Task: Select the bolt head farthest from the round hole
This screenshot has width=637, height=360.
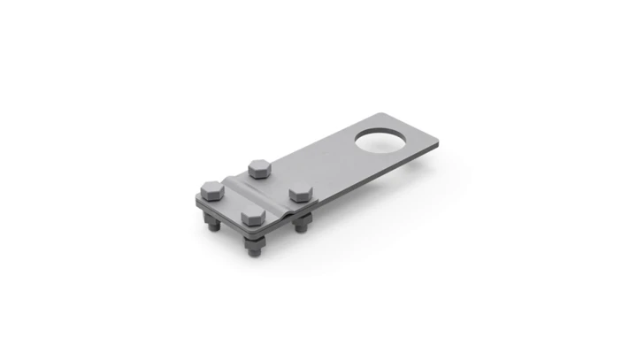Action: click(x=211, y=188)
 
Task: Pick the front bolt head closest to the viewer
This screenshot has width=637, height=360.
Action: click(x=251, y=215)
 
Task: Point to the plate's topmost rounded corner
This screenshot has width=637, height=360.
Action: click(x=382, y=115)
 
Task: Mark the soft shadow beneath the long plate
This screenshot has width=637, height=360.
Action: click(x=372, y=190)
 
